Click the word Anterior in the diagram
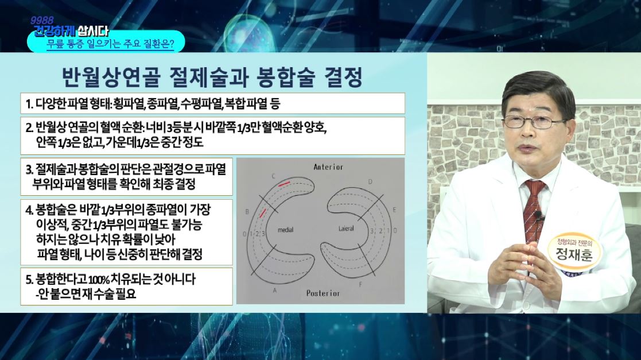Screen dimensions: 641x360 [x=328, y=167]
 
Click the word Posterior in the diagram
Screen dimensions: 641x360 [x=323, y=293]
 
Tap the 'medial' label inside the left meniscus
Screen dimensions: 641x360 [x=285, y=230]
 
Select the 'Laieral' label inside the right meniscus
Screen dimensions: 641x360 [x=346, y=229]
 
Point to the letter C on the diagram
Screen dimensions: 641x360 [x=274, y=177]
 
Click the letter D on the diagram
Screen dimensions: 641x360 [x=370, y=181]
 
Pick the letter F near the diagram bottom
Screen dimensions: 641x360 [x=360, y=284]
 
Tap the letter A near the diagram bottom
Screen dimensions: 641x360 [x=275, y=291]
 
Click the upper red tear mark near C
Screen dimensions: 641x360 [x=284, y=184]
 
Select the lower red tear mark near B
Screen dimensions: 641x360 [x=262, y=212]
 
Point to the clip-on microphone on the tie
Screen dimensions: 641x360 [x=538, y=215]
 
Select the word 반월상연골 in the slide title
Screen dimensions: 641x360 [x=111, y=77]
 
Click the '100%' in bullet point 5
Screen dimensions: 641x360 [x=99, y=280]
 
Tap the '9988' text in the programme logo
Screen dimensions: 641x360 [x=42, y=21]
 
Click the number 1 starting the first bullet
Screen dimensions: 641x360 [x=28, y=104]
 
